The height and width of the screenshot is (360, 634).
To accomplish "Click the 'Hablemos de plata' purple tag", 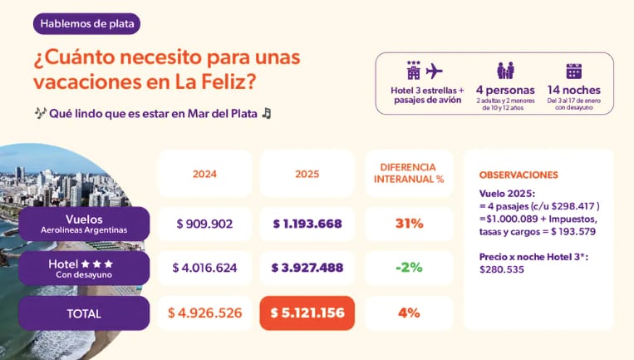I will (86, 23).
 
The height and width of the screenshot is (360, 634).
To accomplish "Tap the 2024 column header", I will (204, 175).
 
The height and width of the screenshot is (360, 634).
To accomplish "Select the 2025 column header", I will (307, 175).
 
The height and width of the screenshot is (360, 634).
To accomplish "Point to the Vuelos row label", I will (84, 224).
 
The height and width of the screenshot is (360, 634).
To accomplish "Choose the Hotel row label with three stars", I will (84, 269).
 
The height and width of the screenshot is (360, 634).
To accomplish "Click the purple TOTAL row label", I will (84, 313).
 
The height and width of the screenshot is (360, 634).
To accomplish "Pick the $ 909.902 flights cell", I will (204, 224).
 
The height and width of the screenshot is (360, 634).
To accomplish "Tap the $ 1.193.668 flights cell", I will (307, 224).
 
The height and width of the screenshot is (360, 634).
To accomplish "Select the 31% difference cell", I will (409, 224).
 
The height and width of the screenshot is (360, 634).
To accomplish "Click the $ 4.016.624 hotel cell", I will (204, 268).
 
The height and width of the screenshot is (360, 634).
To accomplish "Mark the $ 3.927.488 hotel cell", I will (307, 268).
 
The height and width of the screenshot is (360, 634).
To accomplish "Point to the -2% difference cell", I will (409, 268).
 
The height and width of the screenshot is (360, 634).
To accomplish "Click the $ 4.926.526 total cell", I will (204, 313).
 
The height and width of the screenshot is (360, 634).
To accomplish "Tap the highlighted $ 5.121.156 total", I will (307, 313).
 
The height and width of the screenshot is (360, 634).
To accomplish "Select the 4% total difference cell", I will (409, 313).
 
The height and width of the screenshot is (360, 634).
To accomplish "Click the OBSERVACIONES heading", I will (519, 175).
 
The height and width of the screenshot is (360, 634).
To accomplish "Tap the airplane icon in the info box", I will (434, 70).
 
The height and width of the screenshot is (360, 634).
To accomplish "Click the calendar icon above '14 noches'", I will (573, 71).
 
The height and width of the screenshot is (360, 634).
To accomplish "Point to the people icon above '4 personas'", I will (505, 71).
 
